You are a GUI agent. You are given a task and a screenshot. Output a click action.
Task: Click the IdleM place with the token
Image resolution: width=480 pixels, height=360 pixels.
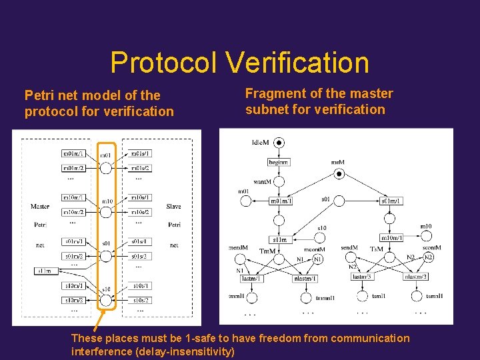[279, 142]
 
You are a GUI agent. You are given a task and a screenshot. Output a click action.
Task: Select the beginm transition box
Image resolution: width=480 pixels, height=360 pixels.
[279, 162]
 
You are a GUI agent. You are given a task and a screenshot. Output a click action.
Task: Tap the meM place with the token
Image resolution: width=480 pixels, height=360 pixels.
[339, 174]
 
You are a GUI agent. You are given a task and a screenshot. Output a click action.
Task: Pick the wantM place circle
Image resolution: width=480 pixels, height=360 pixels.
[279, 181]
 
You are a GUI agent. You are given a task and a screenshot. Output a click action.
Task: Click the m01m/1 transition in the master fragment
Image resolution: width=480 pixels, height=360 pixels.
[280, 201]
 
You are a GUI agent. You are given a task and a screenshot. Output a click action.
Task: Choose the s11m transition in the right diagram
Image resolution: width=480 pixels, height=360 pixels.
[280, 239]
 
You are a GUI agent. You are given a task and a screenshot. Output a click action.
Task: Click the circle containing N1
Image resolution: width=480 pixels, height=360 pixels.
[318, 259]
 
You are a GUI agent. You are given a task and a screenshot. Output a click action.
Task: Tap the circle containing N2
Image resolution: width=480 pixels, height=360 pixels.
[429, 257]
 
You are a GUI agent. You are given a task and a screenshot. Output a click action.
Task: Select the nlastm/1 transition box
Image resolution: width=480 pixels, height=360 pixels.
[306, 278]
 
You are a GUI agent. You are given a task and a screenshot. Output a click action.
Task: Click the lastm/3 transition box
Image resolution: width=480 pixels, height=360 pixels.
[361, 276]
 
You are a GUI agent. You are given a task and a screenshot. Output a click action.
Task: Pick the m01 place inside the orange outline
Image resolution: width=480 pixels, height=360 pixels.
[105, 167]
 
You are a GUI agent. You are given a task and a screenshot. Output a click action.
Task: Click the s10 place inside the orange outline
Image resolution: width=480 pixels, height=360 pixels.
[105, 300]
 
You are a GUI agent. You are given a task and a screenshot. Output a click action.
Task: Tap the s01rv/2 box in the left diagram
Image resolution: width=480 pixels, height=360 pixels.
[73, 256]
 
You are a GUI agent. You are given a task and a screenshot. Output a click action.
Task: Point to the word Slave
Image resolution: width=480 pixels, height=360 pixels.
[173, 207]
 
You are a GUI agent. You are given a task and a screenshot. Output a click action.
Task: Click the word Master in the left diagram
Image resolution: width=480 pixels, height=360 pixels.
[40, 207]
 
